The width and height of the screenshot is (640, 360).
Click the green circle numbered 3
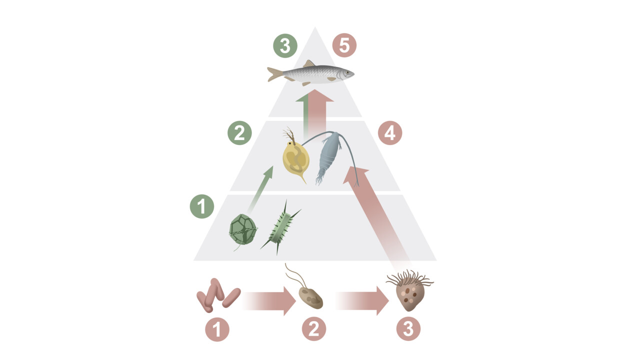click(x=285, y=45)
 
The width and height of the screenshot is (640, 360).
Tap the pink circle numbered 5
click(x=344, y=45)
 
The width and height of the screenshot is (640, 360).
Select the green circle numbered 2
click(x=239, y=133)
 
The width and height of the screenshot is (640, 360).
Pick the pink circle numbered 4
click(x=390, y=133)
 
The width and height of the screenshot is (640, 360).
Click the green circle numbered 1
click(x=201, y=206)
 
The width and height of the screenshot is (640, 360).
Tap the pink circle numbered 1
click(x=217, y=329)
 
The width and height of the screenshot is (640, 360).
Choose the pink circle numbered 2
click(x=313, y=328)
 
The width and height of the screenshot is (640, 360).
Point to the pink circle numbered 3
click(x=408, y=328)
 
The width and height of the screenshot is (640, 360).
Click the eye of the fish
click(x=347, y=72)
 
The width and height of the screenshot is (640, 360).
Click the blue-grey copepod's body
click(x=328, y=155)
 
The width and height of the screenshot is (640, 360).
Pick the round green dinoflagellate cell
click(x=243, y=229)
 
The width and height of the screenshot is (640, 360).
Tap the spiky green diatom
click(x=280, y=227)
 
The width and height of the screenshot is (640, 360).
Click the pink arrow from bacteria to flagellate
click(x=269, y=301)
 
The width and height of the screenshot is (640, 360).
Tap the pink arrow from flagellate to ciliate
click(x=362, y=301)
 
